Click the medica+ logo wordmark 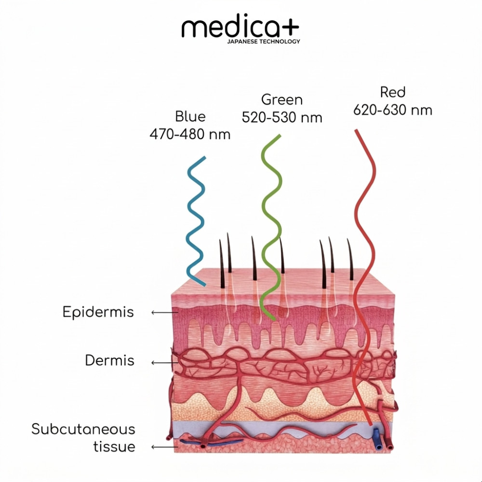[240, 28]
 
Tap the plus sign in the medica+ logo [288, 27]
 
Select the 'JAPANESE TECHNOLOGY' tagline [264, 41]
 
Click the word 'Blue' [190, 117]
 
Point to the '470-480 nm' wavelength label [190, 134]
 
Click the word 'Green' [282, 100]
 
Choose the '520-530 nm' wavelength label [282, 118]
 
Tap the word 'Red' [393, 92]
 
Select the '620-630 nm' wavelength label [393, 110]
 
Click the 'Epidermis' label [98, 312]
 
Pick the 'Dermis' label [109, 360]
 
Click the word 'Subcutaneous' [83, 429]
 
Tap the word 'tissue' [114, 447]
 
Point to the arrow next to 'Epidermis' [165, 313]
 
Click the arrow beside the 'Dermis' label [165, 363]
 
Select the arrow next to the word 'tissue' [165, 447]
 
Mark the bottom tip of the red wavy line [371, 425]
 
